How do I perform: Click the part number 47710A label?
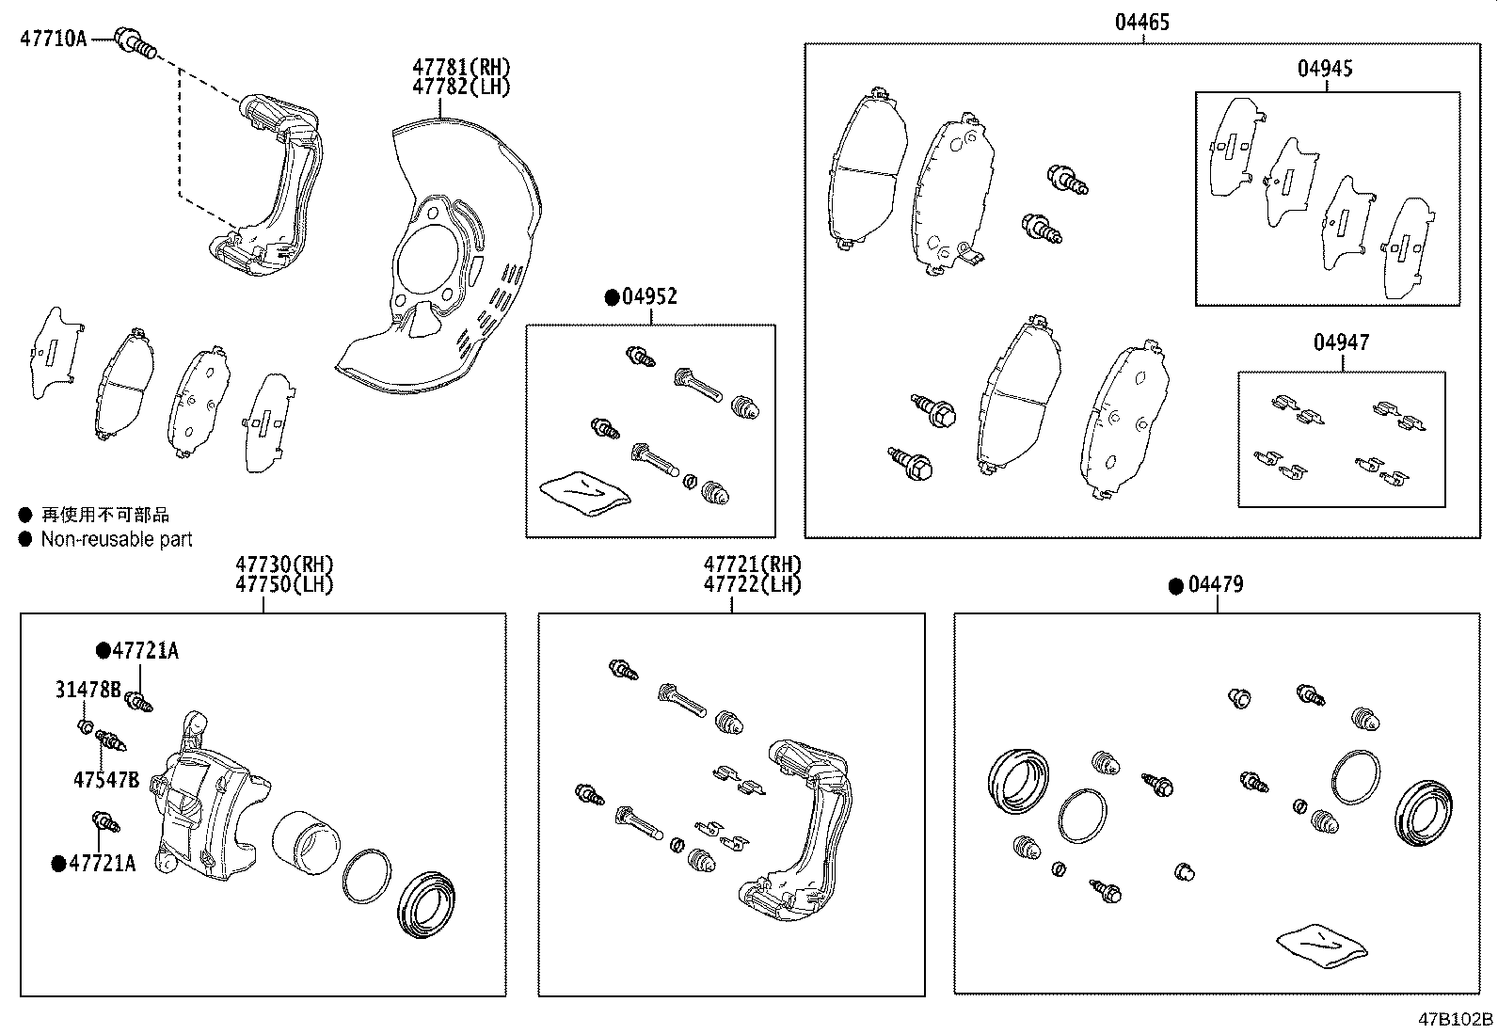54,39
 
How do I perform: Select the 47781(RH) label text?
460,67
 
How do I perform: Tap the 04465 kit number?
1142,22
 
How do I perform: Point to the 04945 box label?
1326,68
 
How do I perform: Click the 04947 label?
1341,342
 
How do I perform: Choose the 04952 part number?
649,297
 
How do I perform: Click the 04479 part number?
1215,584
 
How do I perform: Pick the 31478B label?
88,690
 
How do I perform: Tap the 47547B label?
106,779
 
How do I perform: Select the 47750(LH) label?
284,583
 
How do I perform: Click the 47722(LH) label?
753,583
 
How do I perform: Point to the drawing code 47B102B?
1457,1019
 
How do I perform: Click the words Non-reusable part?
117,539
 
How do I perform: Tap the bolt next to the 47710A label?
136,41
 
